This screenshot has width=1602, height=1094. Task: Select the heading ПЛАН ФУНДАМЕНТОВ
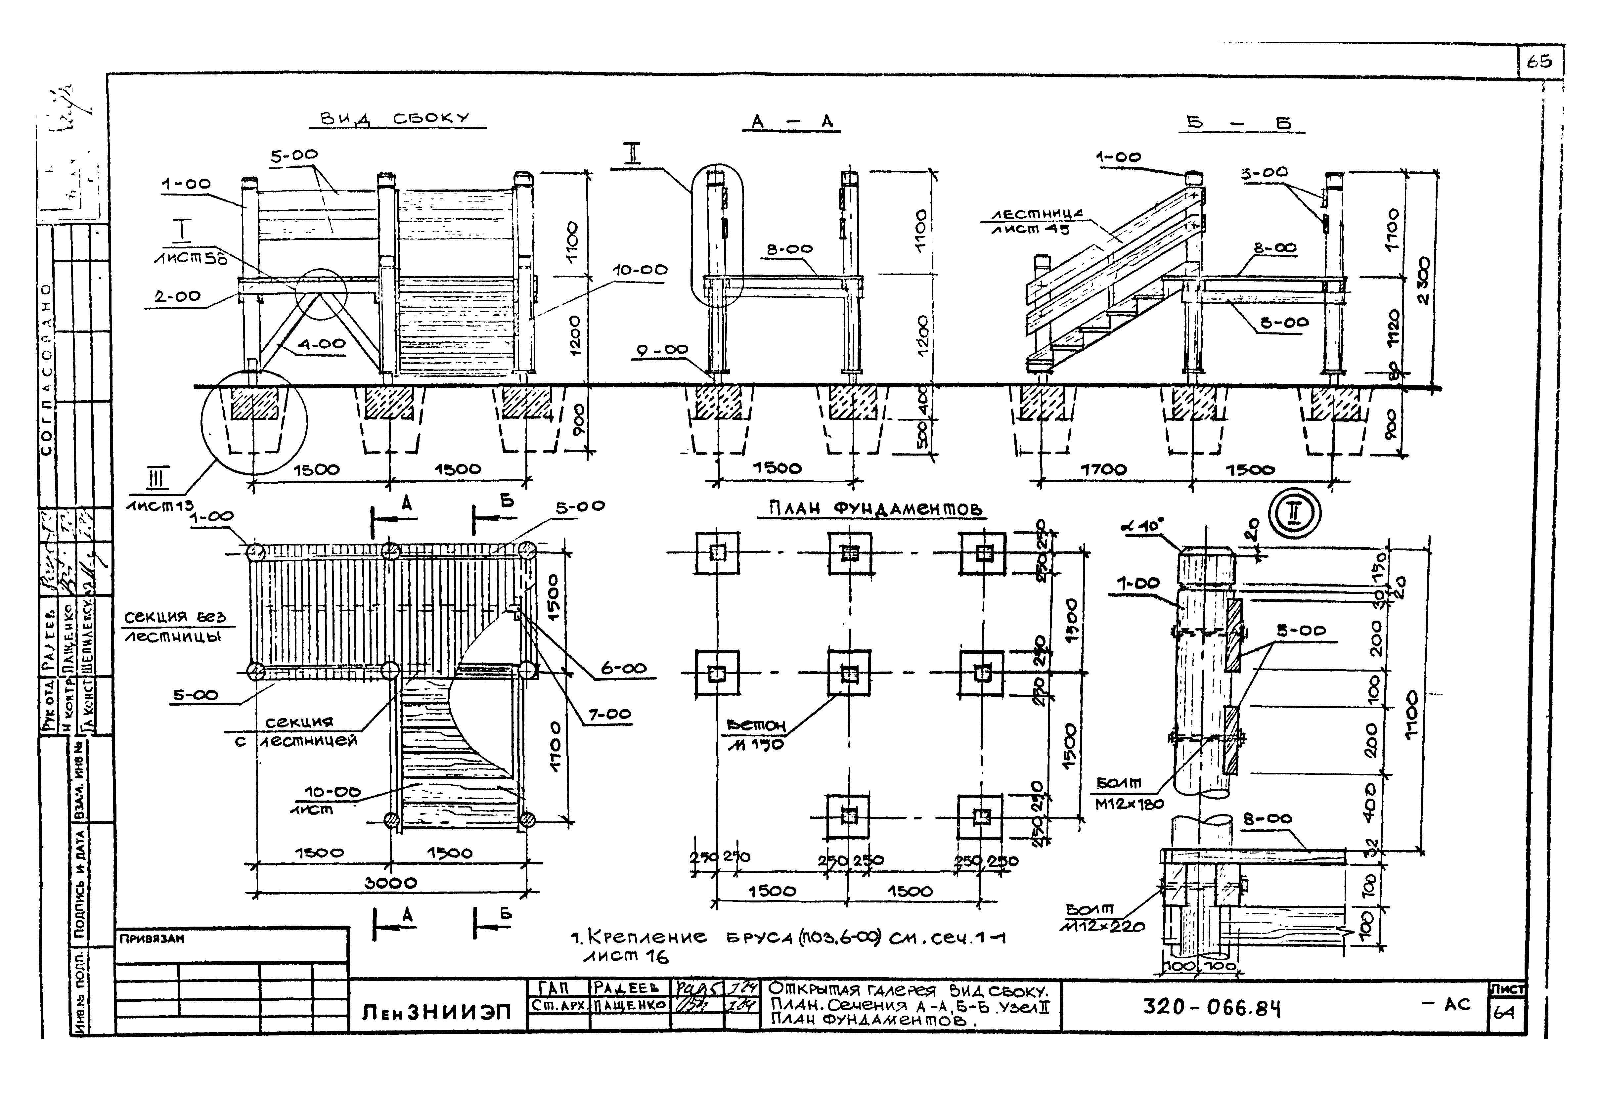click(875, 509)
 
